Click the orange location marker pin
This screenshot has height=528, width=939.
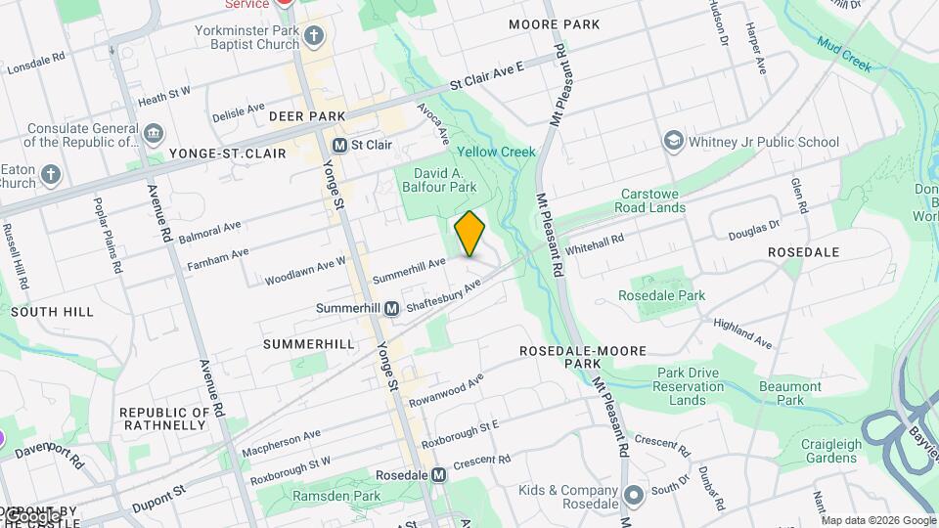pos(469,234)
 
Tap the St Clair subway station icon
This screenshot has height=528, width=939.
pos(340,145)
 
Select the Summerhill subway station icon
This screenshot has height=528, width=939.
pos(391,308)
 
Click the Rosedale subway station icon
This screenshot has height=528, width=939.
pos(439,475)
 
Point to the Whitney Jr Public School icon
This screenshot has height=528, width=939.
pos(673,142)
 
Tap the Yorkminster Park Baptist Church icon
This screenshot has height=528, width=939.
pos(314,37)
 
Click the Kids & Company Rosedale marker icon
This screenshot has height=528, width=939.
pos(633,497)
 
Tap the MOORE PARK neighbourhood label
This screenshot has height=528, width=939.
pos(555,23)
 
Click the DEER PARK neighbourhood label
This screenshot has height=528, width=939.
pos(307,116)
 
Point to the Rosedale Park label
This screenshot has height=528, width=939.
pos(661,295)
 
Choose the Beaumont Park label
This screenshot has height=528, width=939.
pos(790,393)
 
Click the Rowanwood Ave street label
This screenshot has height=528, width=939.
pos(446,390)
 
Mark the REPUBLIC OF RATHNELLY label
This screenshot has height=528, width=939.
pos(164,419)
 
